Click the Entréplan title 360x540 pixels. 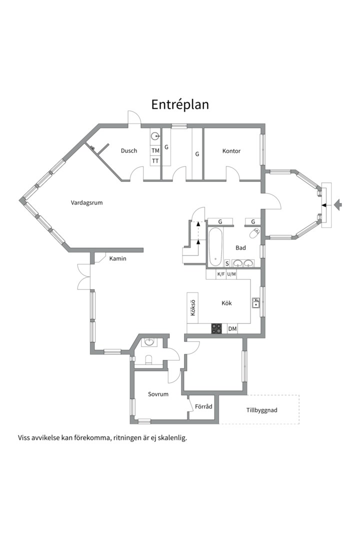click(x=180, y=104)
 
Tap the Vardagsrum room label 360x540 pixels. click(x=87, y=203)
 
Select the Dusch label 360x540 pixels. click(x=129, y=150)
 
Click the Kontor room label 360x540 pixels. click(x=231, y=151)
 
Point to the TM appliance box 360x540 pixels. click(x=155, y=150)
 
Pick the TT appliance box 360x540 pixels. click(x=155, y=161)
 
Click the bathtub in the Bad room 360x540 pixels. click(x=215, y=247)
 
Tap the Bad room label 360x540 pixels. click(x=241, y=247)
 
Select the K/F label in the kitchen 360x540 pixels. click(x=221, y=274)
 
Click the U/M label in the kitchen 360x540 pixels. click(x=231, y=274)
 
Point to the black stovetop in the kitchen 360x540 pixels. click(x=216, y=328)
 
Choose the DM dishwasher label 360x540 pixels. click(x=232, y=329)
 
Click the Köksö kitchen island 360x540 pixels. click(x=192, y=308)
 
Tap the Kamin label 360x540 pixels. click(x=118, y=258)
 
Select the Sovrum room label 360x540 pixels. click(x=158, y=394)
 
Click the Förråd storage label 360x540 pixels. click(x=203, y=406)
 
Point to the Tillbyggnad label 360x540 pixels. click(x=262, y=410)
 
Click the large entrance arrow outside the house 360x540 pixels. click(x=338, y=205)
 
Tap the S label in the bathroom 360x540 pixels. click(x=227, y=263)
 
